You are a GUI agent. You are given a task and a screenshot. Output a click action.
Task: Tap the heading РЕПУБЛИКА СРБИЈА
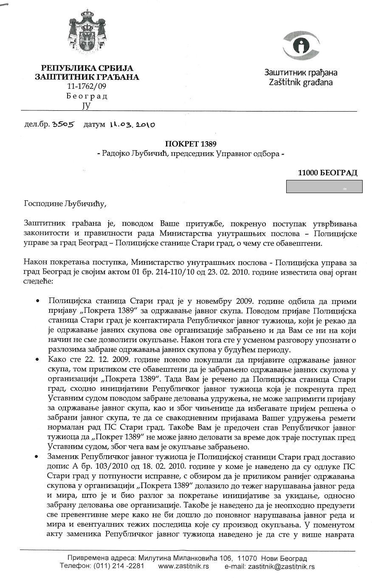(87, 68)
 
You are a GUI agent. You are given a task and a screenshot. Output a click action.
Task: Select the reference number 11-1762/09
(87, 86)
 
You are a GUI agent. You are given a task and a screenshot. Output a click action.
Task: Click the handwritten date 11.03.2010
(132, 125)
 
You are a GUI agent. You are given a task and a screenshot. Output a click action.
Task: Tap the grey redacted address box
(324, 186)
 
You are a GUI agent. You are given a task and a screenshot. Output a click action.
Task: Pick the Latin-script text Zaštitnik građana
(301, 82)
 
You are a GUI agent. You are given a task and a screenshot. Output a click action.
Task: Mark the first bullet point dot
(38, 301)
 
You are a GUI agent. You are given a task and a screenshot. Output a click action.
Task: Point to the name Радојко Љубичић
(132, 154)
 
